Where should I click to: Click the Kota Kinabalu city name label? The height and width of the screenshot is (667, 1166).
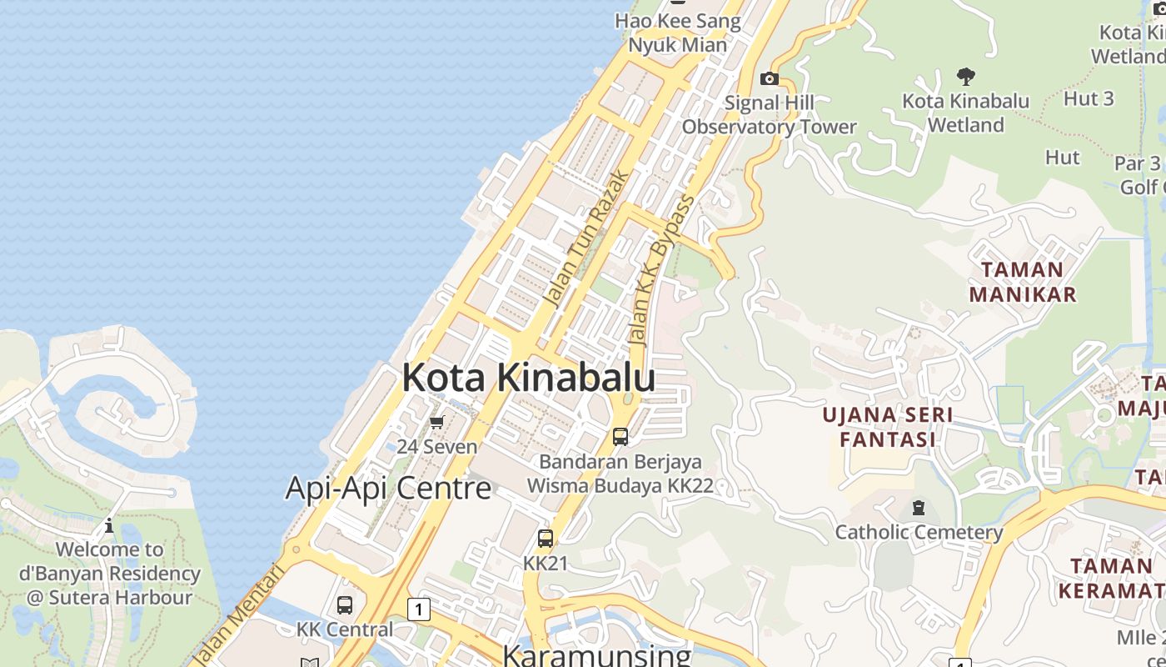(x=528, y=378)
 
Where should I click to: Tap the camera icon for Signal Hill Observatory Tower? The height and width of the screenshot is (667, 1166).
(x=770, y=79)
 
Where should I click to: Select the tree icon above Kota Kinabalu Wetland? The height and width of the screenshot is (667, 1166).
(x=966, y=78)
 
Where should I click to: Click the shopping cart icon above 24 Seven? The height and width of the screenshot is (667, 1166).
(x=437, y=423)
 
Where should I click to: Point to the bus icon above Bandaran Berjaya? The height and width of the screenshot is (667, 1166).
(x=620, y=436)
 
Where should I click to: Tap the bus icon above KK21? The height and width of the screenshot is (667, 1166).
(x=546, y=539)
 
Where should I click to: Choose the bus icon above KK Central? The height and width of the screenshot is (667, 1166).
(x=345, y=605)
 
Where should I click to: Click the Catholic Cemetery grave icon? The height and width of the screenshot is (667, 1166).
(x=919, y=507)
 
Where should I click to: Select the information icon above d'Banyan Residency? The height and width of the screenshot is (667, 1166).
(x=109, y=525)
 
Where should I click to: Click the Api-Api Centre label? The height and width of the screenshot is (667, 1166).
(x=388, y=488)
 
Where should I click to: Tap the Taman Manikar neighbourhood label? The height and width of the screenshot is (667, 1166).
(x=1023, y=282)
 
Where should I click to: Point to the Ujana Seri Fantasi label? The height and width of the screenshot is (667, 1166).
(x=888, y=427)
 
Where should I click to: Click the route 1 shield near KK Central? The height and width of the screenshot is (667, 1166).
(x=418, y=609)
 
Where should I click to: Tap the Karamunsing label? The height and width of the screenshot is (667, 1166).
(x=597, y=654)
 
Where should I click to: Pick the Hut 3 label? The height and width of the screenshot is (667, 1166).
(x=1089, y=98)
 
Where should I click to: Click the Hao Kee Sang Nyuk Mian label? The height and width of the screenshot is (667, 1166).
(x=678, y=33)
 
